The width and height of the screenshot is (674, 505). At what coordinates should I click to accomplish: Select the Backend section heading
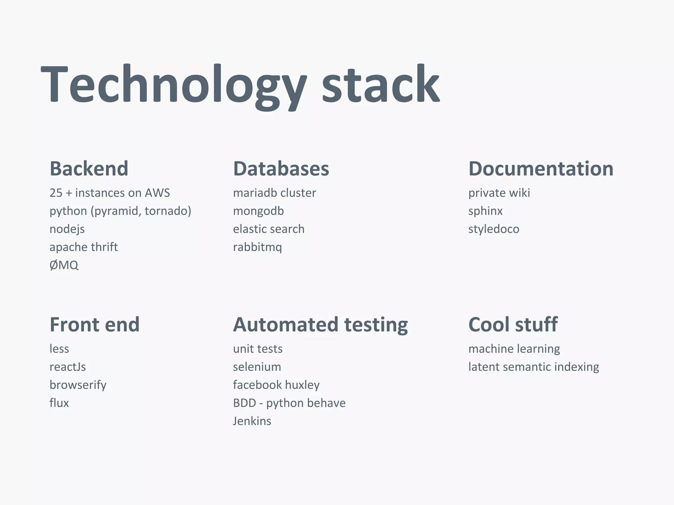point(89,169)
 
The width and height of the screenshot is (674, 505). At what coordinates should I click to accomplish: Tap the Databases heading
point(281,169)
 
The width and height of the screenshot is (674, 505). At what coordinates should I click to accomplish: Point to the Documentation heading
point(541,169)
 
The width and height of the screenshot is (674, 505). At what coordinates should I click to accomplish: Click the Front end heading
point(94,325)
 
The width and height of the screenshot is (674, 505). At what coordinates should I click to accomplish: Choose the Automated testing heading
point(320,325)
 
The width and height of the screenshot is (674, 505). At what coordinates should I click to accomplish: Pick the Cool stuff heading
point(513,325)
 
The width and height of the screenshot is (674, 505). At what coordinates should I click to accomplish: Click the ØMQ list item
point(64,265)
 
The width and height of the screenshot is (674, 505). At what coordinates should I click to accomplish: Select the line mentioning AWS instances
point(110,193)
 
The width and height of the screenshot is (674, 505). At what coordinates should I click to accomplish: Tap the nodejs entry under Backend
point(67,229)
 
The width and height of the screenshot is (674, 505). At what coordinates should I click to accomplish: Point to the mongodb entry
point(258,211)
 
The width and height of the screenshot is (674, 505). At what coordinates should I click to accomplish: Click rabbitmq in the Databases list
point(257,247)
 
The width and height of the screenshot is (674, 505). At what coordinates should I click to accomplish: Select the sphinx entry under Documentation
point(485,211)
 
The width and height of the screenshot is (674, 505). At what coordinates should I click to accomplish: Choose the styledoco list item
point(494,229)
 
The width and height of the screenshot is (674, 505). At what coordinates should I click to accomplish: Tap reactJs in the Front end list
point(67,367)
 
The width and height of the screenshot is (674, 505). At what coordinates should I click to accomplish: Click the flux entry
point(59,403)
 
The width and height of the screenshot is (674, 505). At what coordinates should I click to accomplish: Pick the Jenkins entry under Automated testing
point(252,421)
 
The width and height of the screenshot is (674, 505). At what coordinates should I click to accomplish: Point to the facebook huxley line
point(276,385)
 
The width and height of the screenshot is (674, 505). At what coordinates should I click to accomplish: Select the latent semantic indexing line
point(533,367)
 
